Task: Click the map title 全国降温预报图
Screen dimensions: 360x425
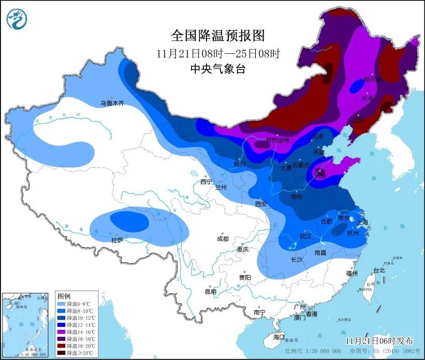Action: tap(217, 36)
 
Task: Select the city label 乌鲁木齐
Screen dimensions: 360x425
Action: tap(112, 104)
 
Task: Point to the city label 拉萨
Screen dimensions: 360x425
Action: tap(116, 240)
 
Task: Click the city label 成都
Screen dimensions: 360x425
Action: tap(223, 239)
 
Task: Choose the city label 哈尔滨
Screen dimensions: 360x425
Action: tap(372, 79)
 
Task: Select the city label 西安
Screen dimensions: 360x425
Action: tap(261, 204)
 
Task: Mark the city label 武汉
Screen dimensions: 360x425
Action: tap(305, 236)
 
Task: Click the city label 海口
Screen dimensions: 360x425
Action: tap(279, 337)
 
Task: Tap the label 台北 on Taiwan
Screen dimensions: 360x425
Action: tap(379, 270)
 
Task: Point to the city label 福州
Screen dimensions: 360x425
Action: tap(352, 273)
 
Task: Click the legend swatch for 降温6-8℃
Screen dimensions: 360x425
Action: tap(62, 304)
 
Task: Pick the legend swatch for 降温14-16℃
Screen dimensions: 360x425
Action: tap(62, 330)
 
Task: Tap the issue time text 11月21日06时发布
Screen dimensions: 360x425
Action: tap(380, 340)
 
